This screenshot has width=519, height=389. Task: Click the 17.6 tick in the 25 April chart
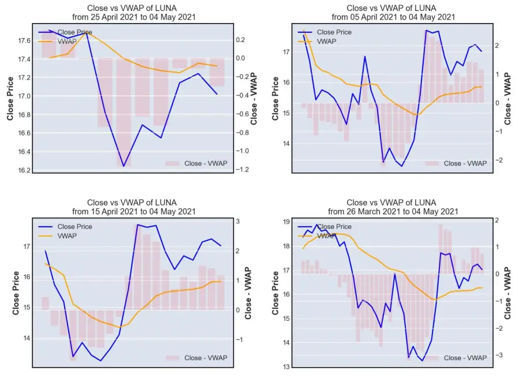pos(24,40)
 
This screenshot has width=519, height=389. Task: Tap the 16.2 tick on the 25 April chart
pos(24,170)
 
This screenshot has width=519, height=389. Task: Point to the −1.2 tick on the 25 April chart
pos(242,169)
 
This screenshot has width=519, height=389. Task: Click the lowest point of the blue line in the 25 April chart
pos(124,166)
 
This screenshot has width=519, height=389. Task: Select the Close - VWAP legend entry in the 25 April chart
pos(196,163)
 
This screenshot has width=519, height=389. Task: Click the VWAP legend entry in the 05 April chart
pos(317,42)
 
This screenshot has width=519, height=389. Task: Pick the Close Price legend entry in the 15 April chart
pos(65,227)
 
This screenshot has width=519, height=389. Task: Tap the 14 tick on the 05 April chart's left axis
pos(286,144)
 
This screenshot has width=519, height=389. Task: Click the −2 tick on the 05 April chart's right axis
pos(499,160)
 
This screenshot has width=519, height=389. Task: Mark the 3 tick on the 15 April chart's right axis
pos(238,221)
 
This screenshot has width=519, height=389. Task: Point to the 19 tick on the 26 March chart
pos(286,222)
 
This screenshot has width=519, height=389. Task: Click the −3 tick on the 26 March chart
pos(499,355)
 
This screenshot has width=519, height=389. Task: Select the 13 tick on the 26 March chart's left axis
pos(286,366)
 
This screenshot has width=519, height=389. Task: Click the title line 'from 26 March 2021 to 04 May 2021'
pos(393,211)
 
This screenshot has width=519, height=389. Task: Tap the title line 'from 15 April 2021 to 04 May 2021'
pos(134,211)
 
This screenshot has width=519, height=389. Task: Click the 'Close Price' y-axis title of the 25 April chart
pos(10,99)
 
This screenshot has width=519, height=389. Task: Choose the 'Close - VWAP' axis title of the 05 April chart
pos(507,99)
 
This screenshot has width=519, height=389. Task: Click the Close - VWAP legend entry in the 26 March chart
pos(455,358)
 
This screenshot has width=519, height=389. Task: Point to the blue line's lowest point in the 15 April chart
pos(100,361)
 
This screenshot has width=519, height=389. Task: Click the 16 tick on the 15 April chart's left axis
pos(26,277)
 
